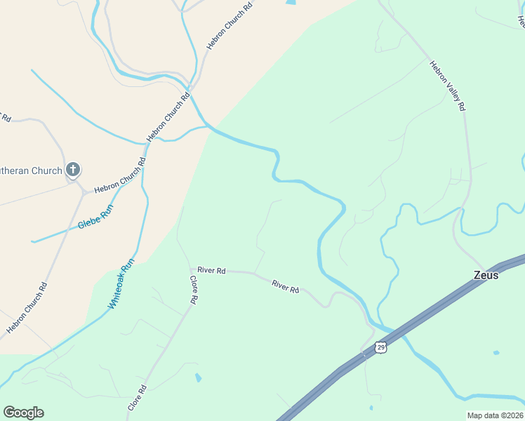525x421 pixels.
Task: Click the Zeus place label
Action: pos(486,275)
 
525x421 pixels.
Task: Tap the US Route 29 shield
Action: pos(380,347)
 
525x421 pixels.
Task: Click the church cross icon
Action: pos(73,169)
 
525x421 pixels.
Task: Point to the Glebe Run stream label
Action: pos(95,218)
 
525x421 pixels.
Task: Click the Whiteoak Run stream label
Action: pos(121,286)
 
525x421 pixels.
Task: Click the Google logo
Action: pos(23,413)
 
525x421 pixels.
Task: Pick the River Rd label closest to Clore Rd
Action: pos(211,270)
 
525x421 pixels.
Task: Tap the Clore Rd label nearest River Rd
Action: pos(193,289)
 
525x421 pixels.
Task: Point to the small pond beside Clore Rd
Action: pos(198,378)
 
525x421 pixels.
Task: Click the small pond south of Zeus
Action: pos(496,352)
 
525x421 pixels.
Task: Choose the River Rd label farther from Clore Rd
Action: pos(286,286)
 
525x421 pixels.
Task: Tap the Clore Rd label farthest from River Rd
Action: pos(138,398)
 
